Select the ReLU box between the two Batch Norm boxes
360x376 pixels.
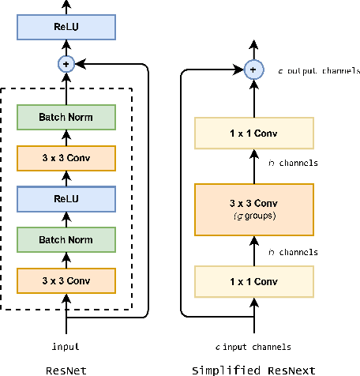tap(66, 197)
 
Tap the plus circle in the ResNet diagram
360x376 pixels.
tap(66, 64)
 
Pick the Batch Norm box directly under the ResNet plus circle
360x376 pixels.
tap(66, 117)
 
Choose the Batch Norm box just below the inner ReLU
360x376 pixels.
tap(66, 239)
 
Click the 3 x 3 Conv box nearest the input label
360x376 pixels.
tap(66, 280)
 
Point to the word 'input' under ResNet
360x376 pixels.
tap(66, 346)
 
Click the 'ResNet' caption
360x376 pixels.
tap(66, 368)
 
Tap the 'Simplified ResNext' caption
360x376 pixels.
tap(253, 368)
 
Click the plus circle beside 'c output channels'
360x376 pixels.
tap(253, 70)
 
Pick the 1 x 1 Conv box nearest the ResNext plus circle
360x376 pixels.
tap(253, 132)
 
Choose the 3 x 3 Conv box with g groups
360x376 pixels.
tap(253, 208)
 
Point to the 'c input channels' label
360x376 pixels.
tap(254, 346)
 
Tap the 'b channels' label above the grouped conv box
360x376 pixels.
tap(292, 164)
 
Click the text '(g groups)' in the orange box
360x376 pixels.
tap(253, 216)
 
